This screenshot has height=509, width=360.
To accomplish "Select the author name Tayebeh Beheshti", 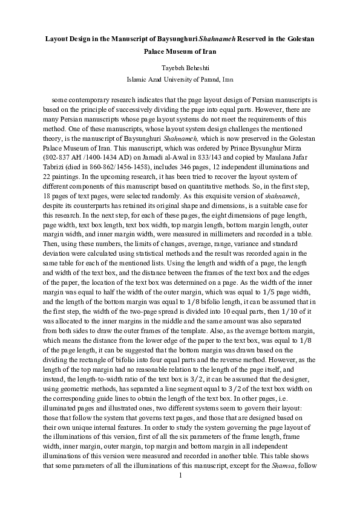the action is pos(180,68).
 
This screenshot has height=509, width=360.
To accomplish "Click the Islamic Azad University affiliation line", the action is pos(180,79).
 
